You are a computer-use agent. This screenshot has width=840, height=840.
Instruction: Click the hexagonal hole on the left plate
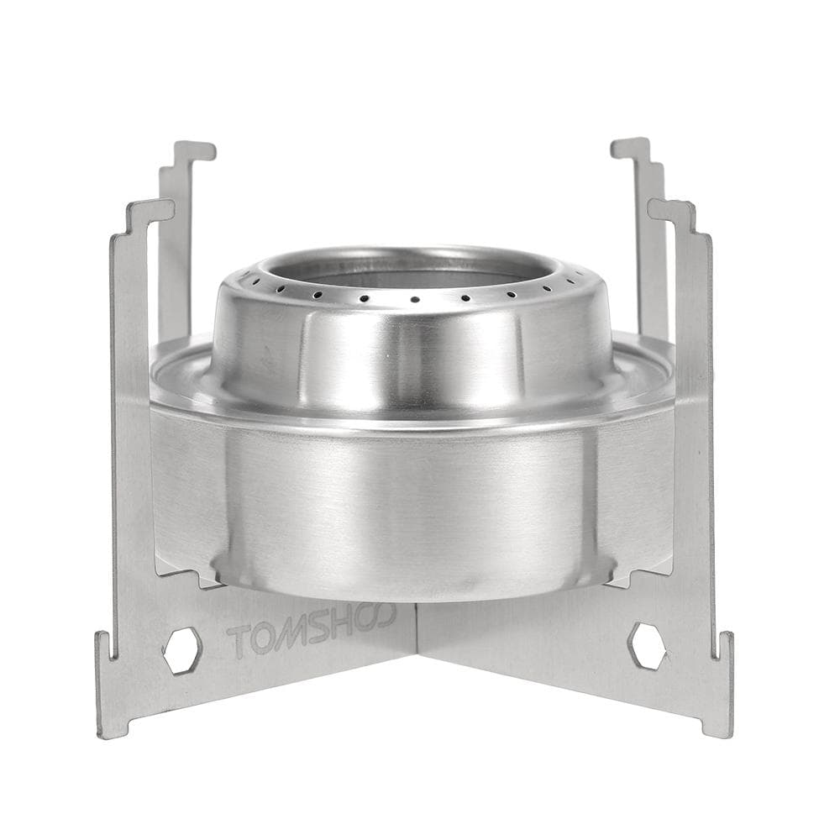coord(181,650)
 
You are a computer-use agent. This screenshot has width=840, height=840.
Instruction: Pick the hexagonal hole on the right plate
coord(647,646)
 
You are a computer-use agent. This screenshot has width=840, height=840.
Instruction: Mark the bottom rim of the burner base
coord(412,593)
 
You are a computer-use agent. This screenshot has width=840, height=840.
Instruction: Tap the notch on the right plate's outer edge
coord(721,647)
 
